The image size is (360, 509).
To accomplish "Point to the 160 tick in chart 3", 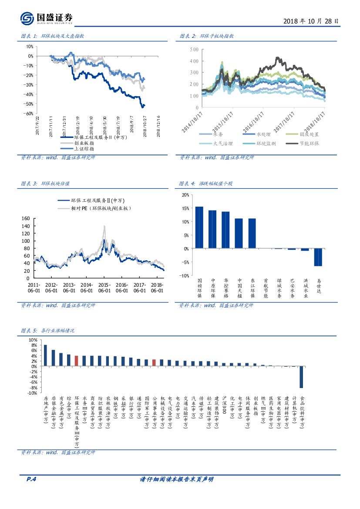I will (25, 219).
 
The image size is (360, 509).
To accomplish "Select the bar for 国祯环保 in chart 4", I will (199, 228).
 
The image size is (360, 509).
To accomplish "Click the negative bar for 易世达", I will (318, 257).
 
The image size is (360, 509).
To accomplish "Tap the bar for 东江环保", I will (252, 233).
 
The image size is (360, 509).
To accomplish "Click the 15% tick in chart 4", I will (185, 208).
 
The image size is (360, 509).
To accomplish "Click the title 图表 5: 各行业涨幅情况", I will (48, 331).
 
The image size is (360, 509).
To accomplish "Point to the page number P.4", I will (30, 479).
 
